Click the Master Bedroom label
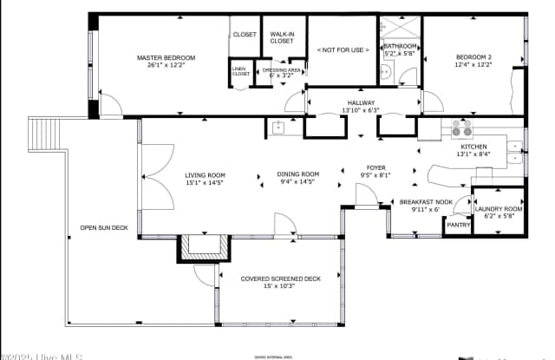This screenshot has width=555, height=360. [x=166, y=58]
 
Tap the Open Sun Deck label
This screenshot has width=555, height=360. [x=103, y=228]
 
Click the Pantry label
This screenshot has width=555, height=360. [x=457, y=225]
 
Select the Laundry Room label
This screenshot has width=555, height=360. [x=499, y=209]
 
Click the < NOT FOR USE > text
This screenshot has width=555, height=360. [x=343, y=49]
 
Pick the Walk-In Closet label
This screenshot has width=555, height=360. [x=282, y=37]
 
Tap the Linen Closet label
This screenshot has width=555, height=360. [x=240, y=72]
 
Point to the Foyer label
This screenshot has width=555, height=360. [x=375, y=167]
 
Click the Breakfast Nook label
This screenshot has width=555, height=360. [x=420, y=202]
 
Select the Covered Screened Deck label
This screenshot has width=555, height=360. [x=268, y=278]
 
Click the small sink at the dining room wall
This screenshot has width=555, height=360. [x=278, y=129]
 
